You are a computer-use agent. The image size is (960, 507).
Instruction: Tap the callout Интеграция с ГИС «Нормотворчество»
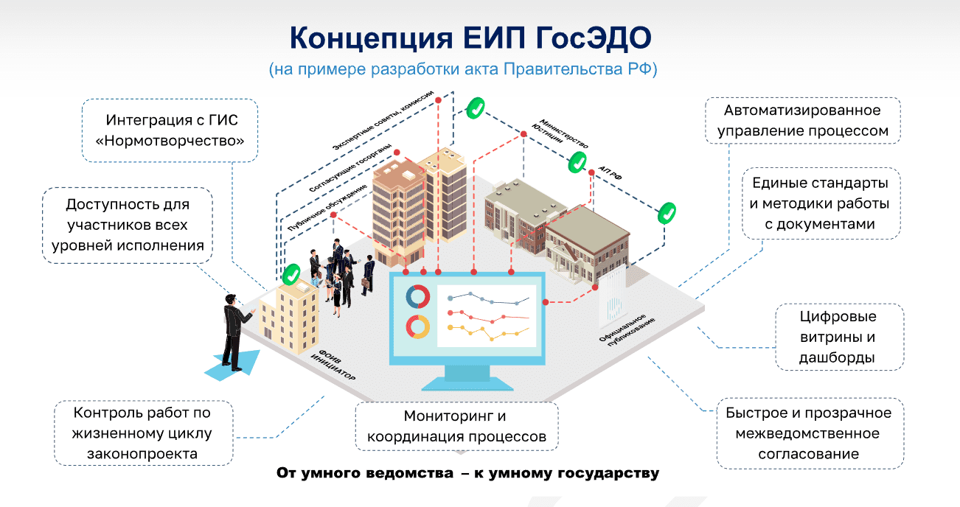coord(171,130)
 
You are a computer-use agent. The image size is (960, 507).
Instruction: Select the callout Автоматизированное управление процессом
coord(802,122)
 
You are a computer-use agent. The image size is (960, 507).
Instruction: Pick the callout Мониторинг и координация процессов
coord(456,427)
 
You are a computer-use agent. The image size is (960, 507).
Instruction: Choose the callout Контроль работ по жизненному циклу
coord(142,433)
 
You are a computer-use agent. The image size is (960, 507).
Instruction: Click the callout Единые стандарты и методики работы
coord(819,203)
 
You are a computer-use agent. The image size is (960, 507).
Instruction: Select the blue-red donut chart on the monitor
coord(417,297)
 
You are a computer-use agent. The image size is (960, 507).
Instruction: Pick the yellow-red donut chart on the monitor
coord(417,326)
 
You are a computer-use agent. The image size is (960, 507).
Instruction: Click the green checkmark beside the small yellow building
coord(293,275)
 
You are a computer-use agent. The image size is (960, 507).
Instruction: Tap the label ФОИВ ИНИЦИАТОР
coord(333,365)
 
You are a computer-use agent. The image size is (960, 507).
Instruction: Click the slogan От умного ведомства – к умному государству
coord(467,473)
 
